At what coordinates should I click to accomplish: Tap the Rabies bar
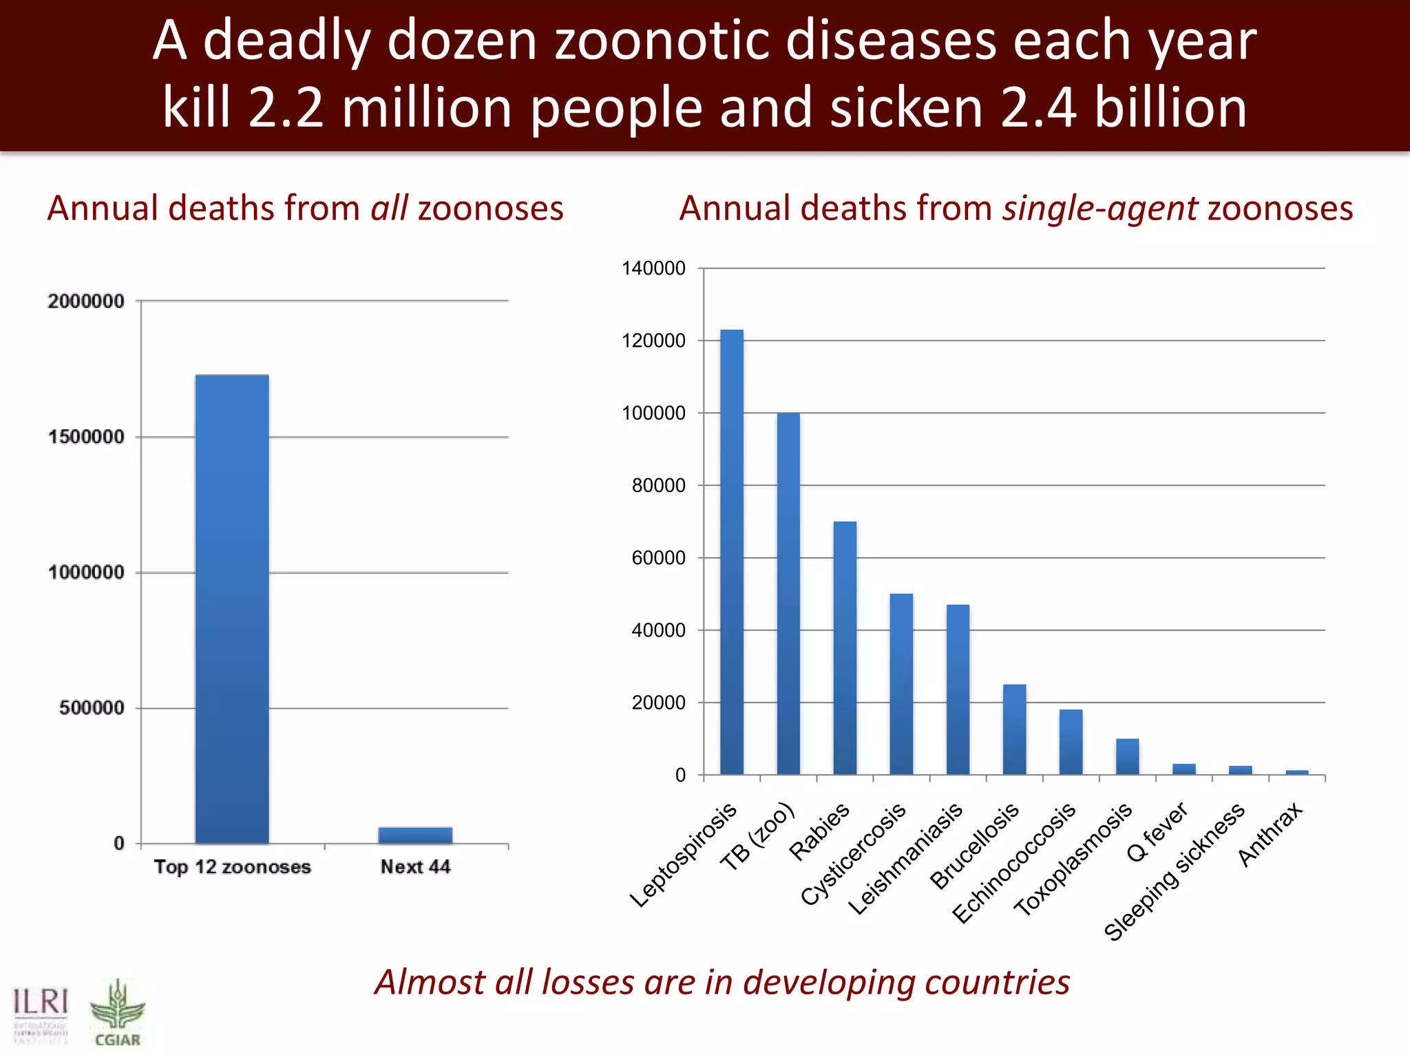click(x=845, y=648)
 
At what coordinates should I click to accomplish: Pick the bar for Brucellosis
click(x=1014, y=729)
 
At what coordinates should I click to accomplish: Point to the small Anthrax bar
click(x=1297, y=772)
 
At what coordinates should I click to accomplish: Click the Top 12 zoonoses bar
click(x=232, y=609)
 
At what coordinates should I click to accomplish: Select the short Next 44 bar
click(x=415, y=835)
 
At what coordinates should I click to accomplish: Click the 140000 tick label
click(x=653, y=268)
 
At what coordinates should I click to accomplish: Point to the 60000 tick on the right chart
click(x=658, y=558)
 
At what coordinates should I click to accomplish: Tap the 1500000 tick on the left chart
click(x=86, y=437)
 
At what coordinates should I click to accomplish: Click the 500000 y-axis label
click(x=91, y=708)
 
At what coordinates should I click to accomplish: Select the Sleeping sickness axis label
click(x=1174, y=873)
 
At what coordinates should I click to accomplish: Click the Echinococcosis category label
click(x=1013, y=864)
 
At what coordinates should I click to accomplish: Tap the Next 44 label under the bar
click(x=415, y=867)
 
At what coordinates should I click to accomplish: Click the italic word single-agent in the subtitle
click(x=1099, y=209)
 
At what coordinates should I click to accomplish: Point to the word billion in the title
click(x=1170, y=108)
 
